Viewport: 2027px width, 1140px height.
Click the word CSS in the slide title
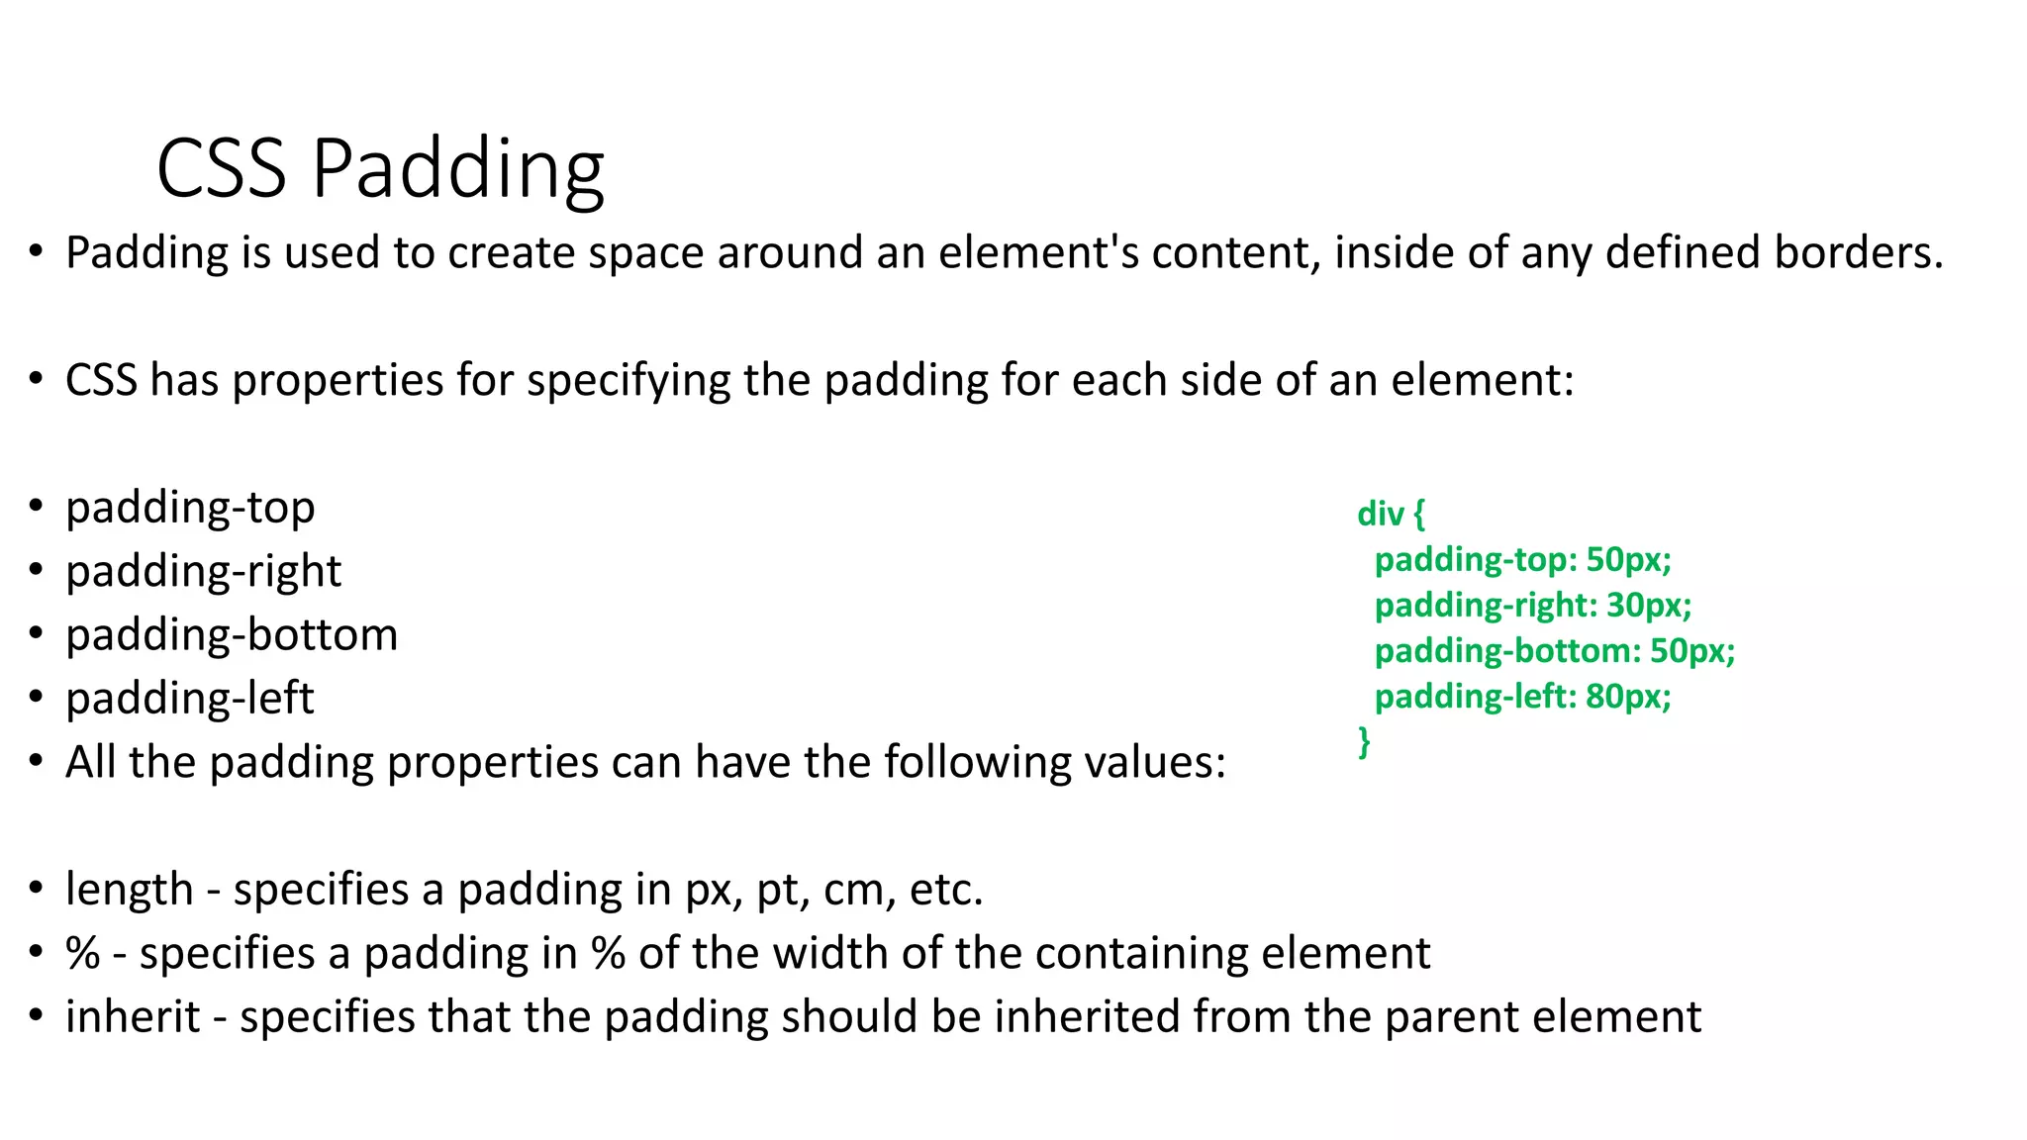[221, 168]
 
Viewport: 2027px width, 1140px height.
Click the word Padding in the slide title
[457, 170]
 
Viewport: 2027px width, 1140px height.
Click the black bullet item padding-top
[190, 508]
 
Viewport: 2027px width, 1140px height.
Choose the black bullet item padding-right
[203, 571]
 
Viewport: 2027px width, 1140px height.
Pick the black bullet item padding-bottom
[232, 634]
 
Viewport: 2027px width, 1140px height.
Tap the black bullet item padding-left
[189, 699]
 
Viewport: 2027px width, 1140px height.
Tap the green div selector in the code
[1381, 514]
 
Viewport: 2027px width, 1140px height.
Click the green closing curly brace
[1365, 740]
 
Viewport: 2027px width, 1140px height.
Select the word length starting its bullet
[129, 889]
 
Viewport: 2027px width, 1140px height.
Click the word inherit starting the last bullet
[133, 1016]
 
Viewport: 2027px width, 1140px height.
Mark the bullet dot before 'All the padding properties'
[37, 761]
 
